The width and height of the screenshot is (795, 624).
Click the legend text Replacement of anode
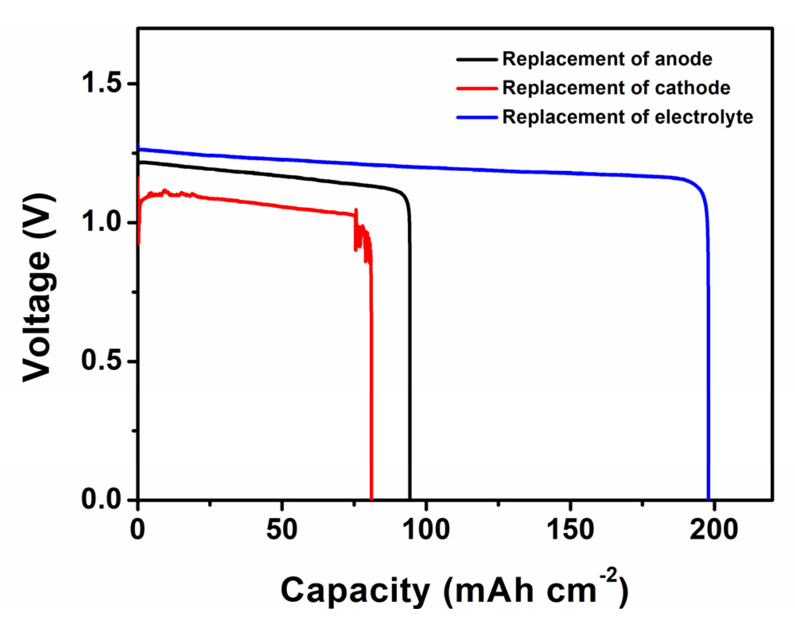point(607,59)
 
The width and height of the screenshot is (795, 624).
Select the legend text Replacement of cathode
point(616,88)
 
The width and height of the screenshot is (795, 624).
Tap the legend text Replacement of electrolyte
point(628,117)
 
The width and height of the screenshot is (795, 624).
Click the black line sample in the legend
point(476,60)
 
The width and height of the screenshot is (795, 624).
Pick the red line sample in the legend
point(476,89)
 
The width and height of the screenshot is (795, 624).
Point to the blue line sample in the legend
point(476,118)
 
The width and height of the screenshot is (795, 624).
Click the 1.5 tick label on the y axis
point(101,83)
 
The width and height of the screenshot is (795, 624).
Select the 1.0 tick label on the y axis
point(101,222)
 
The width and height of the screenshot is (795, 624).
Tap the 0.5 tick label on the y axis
point(101,361)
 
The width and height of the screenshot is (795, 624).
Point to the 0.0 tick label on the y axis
point(101,499)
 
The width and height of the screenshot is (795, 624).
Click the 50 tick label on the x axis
point(282,530)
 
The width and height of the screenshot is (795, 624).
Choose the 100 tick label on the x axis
point(426,530)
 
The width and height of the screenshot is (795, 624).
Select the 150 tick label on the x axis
point(570,530)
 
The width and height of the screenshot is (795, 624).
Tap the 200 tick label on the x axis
point(714,530)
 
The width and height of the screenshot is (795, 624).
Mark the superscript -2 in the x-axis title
point(608,575)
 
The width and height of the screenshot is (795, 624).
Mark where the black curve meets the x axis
point(410,499)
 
